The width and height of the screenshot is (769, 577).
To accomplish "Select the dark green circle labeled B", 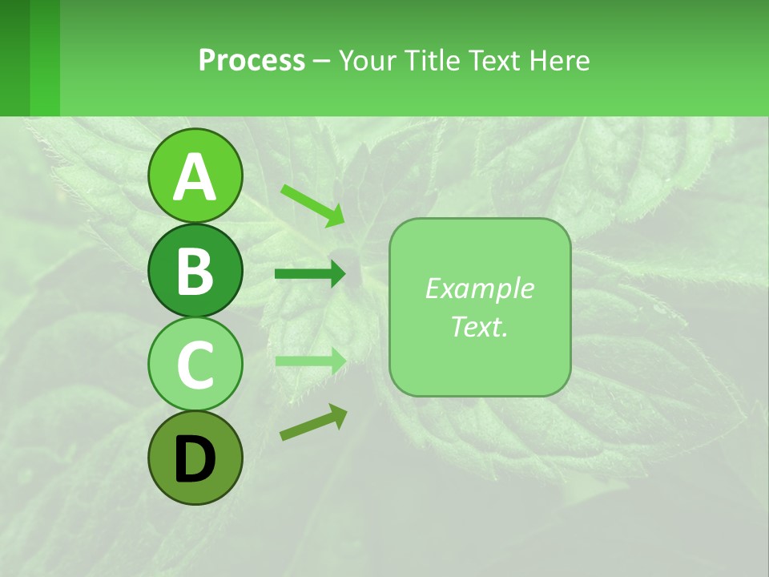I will tap(195, 270).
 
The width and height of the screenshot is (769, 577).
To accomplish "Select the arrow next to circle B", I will tap(310, 274).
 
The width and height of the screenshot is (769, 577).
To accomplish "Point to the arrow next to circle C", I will tap(310, 361).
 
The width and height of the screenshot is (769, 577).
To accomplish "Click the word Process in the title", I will tap(252, 60).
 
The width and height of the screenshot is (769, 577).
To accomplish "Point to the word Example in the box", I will tap(479, 288).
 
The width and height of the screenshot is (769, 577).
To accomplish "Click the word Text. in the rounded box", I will tap(479, 326).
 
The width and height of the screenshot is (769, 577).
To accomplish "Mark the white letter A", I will tap(195, 177).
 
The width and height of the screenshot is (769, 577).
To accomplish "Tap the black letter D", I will tap(195, 459).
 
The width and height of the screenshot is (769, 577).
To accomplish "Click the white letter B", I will tap(195, 270).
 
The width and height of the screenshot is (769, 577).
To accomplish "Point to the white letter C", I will tap(195, 365).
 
